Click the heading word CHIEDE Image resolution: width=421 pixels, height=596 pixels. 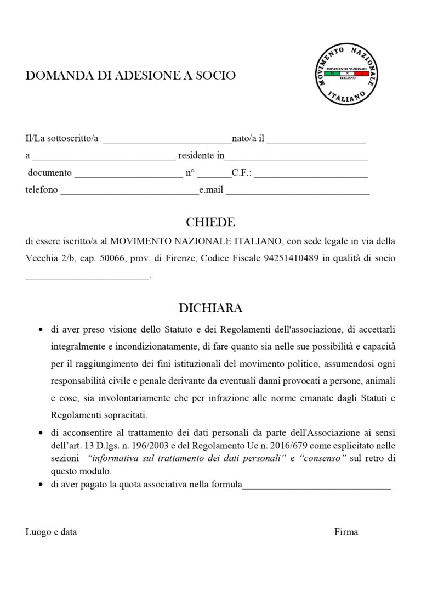pyautogui.click(x=210, y=222)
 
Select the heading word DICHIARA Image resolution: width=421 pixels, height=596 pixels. pyautogui.click(x=210, y=308)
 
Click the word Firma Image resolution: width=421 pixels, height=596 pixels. pyautogui.click(x=346, y=532)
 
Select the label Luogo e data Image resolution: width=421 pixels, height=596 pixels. pyautogui.click(x=51, y=532)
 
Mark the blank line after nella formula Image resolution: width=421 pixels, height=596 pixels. pyautogui.click(x=316, y=486)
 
